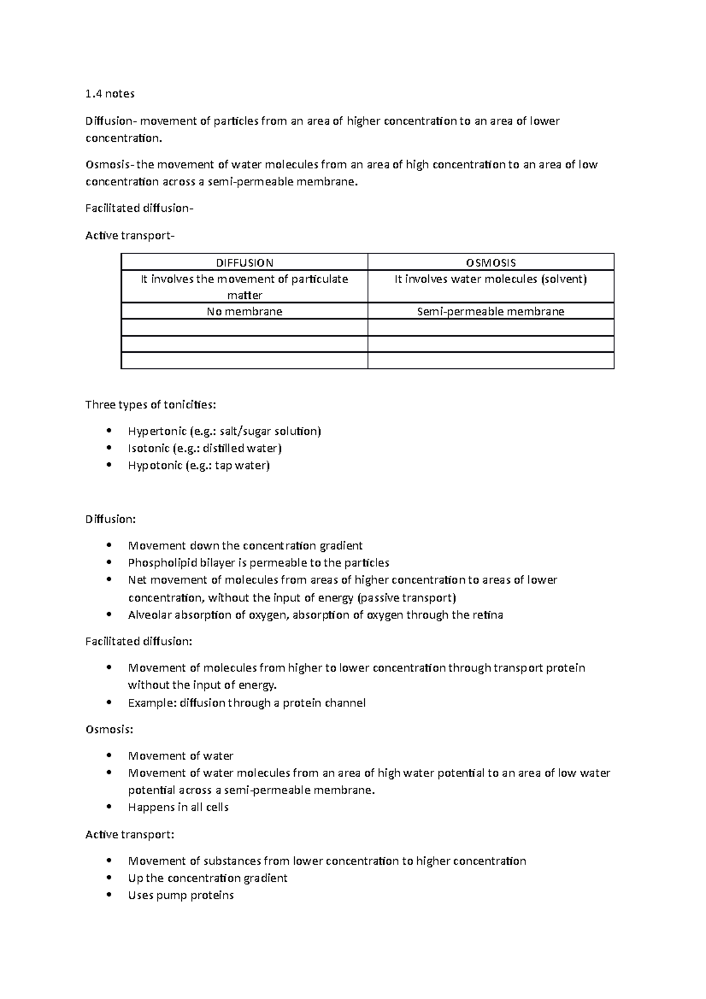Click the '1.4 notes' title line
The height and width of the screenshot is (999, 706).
click(110, 94)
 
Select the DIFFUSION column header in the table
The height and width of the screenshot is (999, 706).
click(244, 263)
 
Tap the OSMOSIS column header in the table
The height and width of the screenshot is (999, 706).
click(491, 263)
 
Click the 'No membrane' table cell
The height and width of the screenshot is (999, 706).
click(244, 312)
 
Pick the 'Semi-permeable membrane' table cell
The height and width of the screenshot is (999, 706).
click(491, 312)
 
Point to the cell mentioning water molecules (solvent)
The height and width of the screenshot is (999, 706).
click(491, 279)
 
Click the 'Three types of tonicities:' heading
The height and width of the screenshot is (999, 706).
click(151, 405)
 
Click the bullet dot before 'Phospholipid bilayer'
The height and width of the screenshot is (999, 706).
click(109, 562)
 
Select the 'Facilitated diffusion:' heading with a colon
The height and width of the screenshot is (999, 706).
click(139, 641)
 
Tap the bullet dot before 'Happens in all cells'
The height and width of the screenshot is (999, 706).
click(109, 807)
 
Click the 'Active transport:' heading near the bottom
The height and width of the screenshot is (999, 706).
click(129, 834)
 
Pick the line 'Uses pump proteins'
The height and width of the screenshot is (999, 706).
click(181, 895)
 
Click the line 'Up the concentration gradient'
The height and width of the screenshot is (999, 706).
click(207, 878)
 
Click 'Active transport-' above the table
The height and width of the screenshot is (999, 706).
click(130, 236)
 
